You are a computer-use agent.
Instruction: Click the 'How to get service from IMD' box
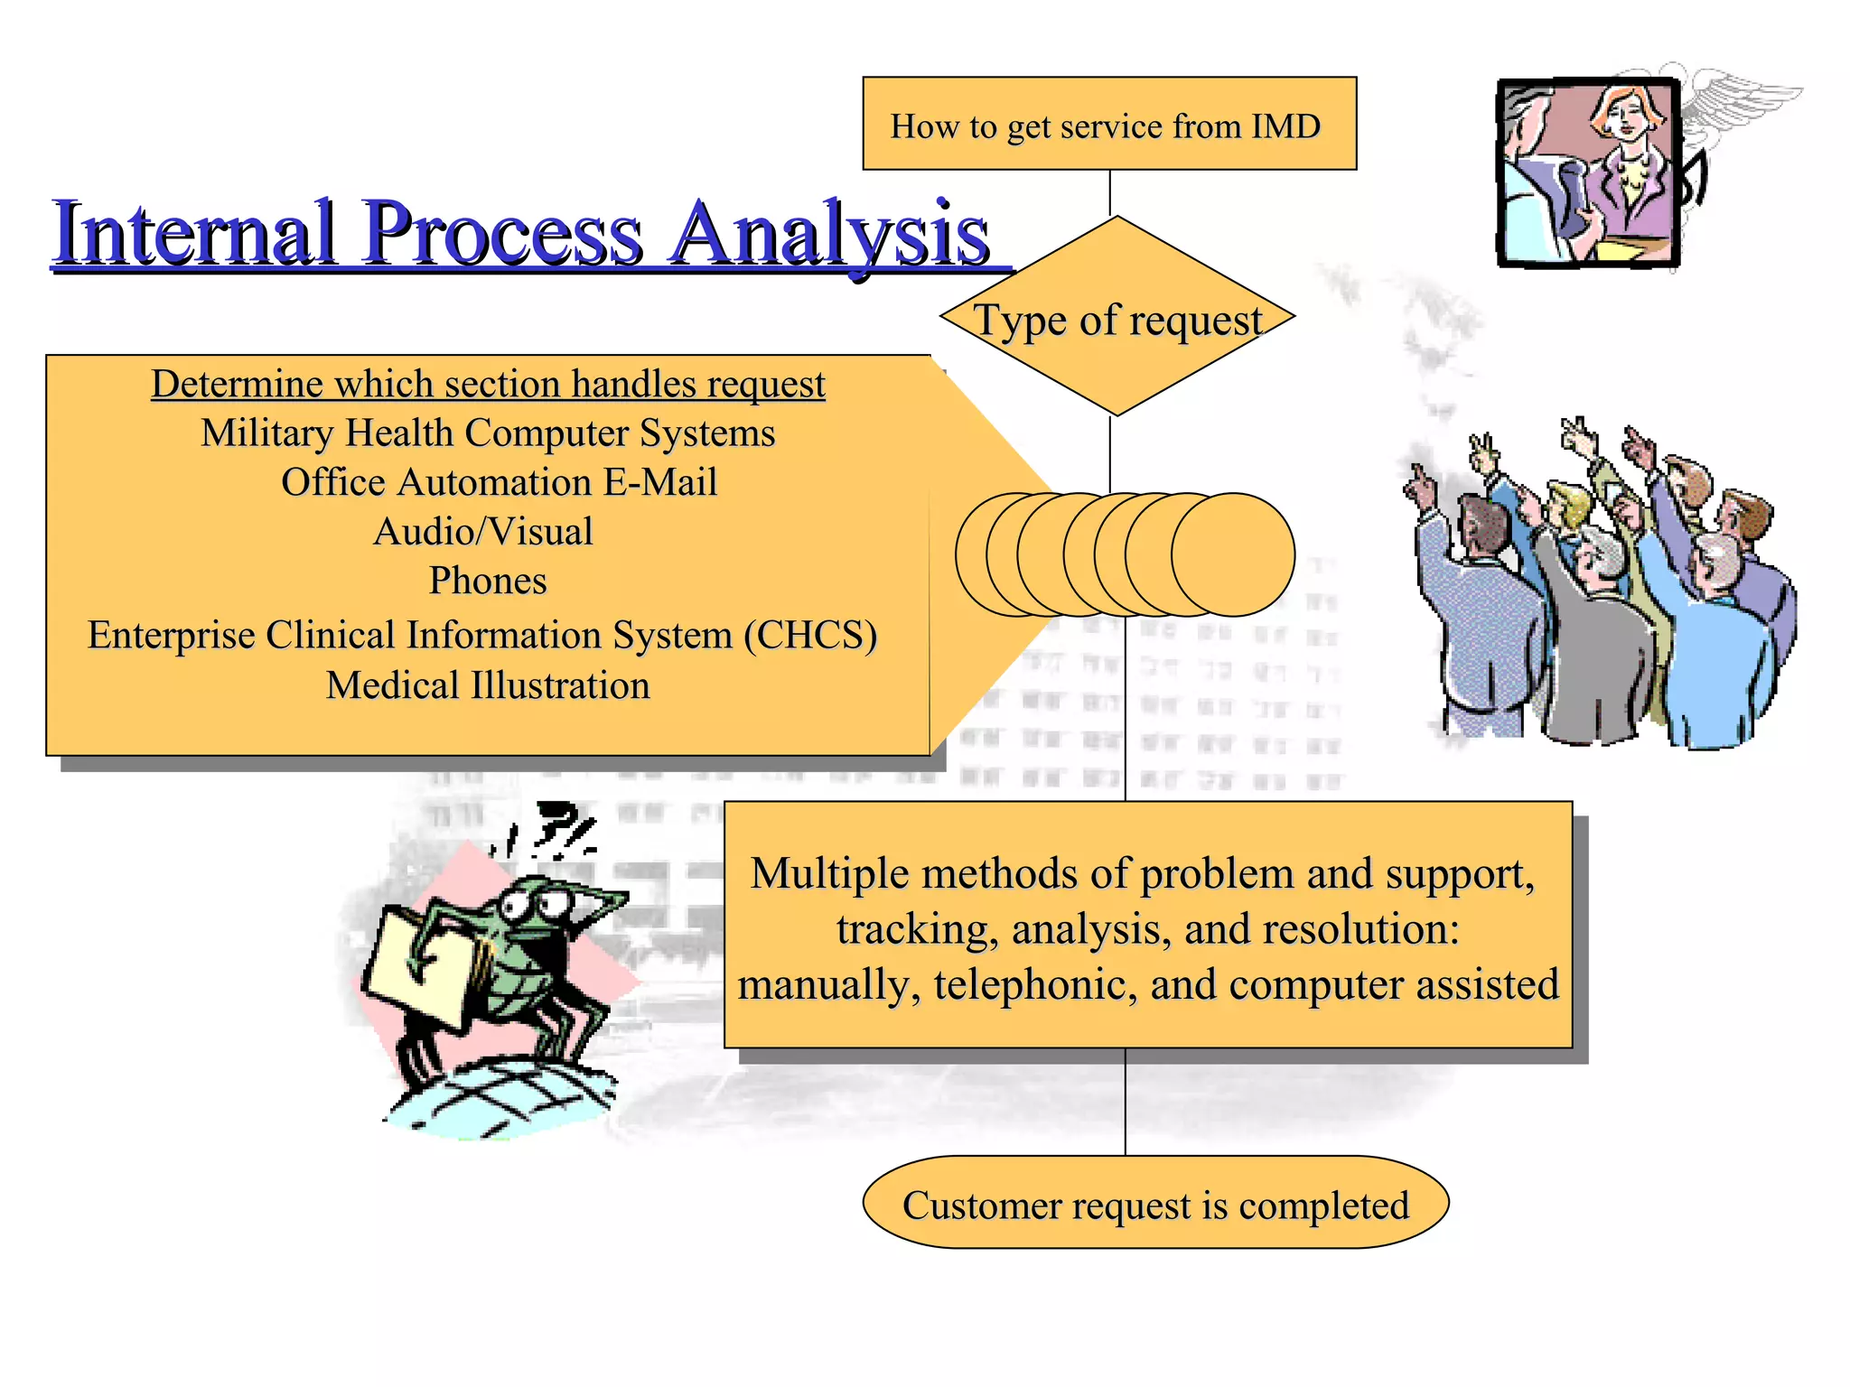click(1108, 124)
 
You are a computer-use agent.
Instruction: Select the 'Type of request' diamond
click(1117, 318)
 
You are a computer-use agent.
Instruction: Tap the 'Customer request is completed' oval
click(1154, 1204)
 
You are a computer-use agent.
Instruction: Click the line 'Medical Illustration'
click(488, 685)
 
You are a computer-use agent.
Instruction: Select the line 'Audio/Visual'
click(483, 532)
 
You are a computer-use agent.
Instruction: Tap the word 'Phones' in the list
click(488, 581)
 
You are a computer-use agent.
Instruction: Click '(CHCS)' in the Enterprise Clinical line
click(810, 635)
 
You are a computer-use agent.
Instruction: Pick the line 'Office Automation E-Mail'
click(499, 482)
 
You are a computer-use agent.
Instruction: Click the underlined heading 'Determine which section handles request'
click(488, 384)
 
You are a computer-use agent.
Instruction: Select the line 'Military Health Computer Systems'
click(488, 433)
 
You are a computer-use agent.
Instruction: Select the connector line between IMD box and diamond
click(1109, 192)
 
